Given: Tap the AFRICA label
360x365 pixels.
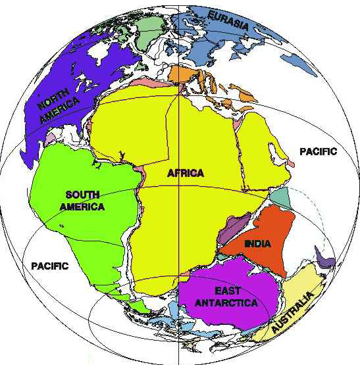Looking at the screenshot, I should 186,174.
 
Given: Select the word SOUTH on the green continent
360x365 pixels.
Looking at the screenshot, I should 82,195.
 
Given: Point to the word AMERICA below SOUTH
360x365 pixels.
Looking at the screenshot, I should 84,207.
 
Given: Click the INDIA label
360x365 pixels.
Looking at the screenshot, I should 257,243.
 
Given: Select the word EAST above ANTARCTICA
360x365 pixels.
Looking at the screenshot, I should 227,290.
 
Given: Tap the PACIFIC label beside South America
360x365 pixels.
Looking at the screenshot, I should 49,266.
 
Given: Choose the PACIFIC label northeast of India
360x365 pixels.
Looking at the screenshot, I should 318,151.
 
